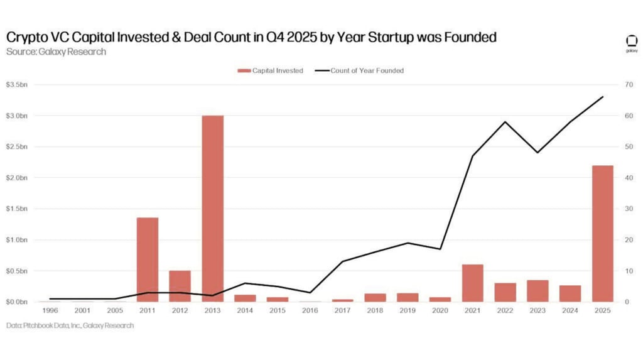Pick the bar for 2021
[x=473, y=283]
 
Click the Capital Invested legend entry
[x=271, y=70]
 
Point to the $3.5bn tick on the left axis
[x=17, y=85]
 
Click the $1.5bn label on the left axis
[x=17, y=209]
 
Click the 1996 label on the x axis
[x=50, y=310]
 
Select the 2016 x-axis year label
[x=310, y=310]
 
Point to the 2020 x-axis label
[x=440, y=310]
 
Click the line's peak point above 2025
[x=603, y=97]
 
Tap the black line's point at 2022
[x=505, y=122]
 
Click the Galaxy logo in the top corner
[x=631, y=43]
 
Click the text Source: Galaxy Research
[x=56, y=52]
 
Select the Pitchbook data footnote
[x=70, y=325]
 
